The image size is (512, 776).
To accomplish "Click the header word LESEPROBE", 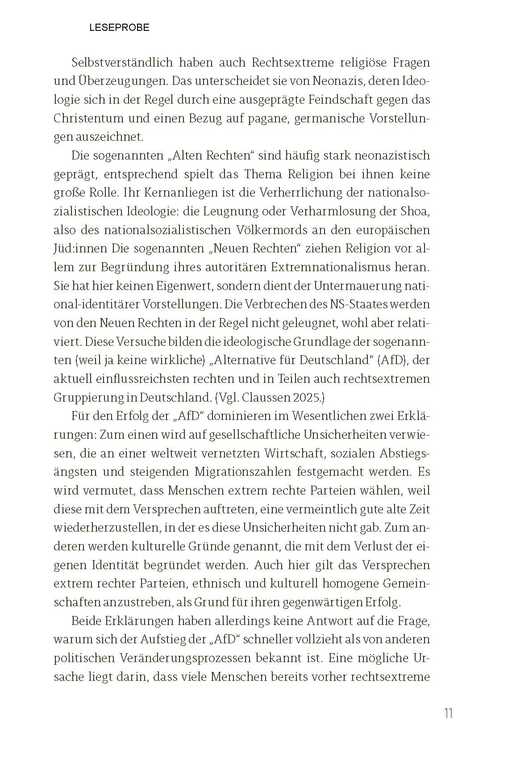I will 119,28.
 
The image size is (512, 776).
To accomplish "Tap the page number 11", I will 448,713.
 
